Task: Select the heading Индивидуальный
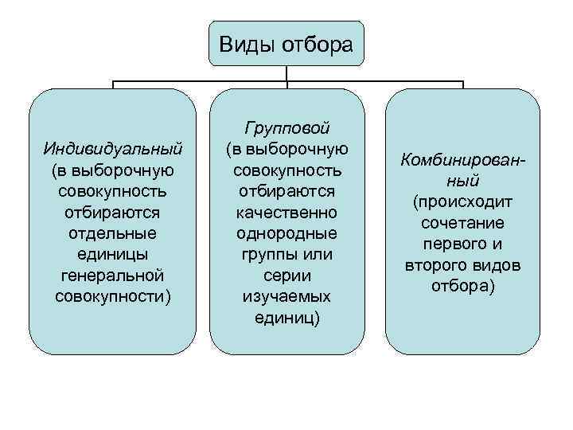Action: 113,149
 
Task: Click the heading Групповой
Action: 287,128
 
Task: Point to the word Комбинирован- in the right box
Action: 462,161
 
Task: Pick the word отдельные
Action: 113,233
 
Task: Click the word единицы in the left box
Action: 113,254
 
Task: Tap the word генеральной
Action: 113,276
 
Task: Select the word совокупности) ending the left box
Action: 113,296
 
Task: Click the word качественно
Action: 287,213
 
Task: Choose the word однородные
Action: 287,233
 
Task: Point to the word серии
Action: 287,276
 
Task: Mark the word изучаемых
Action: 287,296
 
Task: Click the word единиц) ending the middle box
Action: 287,317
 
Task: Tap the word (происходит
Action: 462,202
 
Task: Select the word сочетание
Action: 462,223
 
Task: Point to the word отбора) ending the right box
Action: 462,286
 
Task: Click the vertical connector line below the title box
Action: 287,76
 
